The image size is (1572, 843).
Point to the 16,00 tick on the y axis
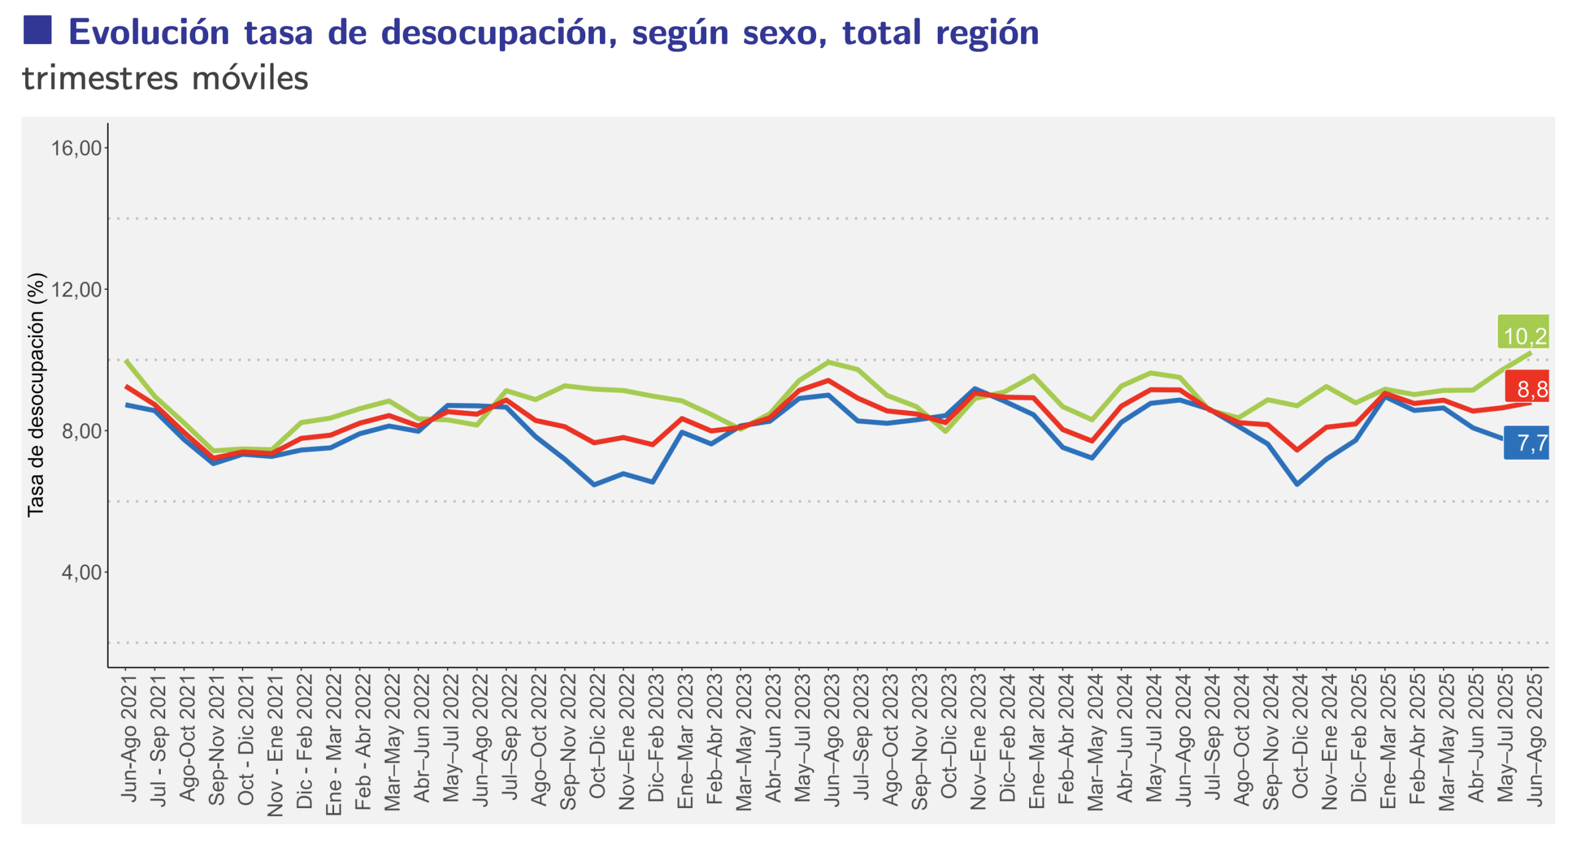tap(76, 147)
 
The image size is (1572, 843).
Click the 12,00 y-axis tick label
tap(76, 289)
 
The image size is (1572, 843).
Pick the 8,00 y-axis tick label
tap(81, 430)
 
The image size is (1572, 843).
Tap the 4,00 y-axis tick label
tap(81, 571)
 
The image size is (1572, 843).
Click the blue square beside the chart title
tap(37, 29)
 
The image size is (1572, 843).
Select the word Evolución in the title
tap(149, 32)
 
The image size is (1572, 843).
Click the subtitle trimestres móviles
tap(165, 78)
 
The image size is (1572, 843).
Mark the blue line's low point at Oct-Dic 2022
tap(594, 484)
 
